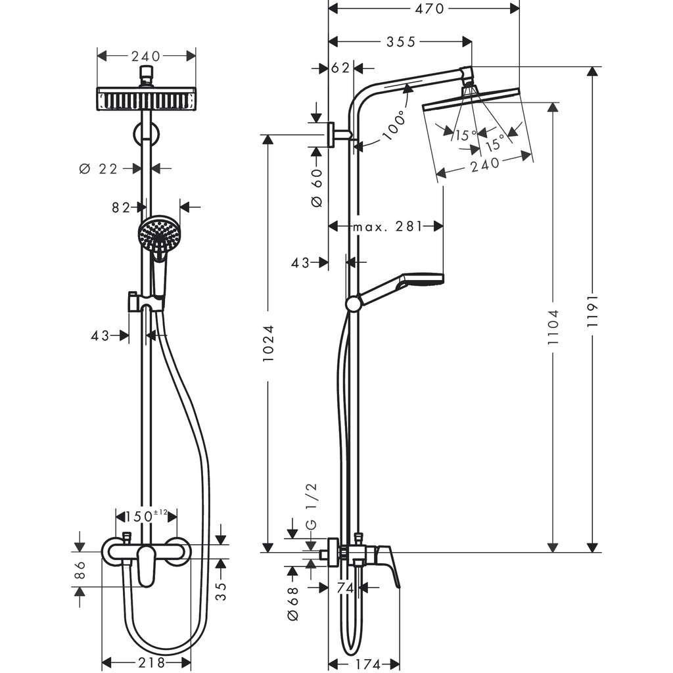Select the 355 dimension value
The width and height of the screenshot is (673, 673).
(x=401, y=42)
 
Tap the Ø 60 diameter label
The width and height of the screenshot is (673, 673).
(x=316, y=187)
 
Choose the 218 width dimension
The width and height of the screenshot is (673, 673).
(x=147, y=663)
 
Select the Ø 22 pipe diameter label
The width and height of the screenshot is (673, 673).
(x=98, y=169)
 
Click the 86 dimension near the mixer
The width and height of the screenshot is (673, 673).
(x=80, y=570)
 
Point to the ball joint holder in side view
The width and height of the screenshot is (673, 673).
(x=354, y=303)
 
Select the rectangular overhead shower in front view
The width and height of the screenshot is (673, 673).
(x=146, y=99)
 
